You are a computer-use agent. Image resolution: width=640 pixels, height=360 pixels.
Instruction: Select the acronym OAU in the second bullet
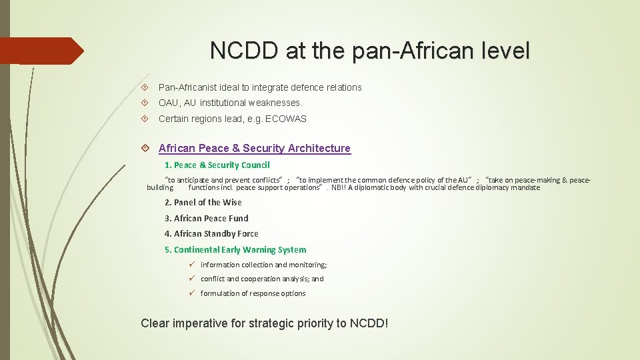click(x=169, y=103)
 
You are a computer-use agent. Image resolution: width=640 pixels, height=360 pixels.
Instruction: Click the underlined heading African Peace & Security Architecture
click(x=254, y=148)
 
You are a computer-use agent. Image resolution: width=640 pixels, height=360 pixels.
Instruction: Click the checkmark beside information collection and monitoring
click(x=191, y=265)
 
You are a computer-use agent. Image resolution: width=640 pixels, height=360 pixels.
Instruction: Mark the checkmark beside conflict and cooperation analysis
click(x=191, y=279)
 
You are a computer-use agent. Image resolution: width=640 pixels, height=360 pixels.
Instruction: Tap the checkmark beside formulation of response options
click(x=191, y=293)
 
